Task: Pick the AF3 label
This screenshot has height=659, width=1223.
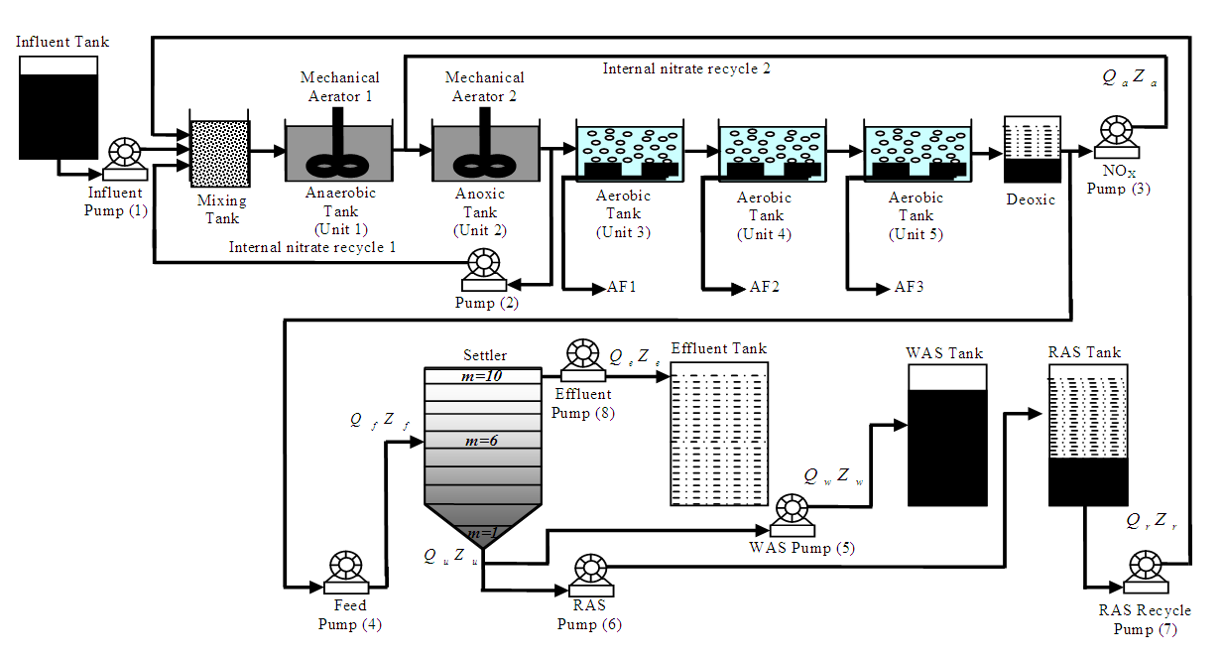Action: [x=910, y=289]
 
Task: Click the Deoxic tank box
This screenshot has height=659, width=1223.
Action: [x=1033, y=150]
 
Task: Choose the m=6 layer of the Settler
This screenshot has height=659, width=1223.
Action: [x=482, y=441]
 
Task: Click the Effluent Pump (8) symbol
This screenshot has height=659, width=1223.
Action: [x=580, y=358]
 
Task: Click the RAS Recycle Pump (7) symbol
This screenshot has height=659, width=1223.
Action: [x=1143, y=570]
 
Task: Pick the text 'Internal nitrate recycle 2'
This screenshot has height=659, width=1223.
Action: [x=686, y=69]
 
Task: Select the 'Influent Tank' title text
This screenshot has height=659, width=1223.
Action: [x=62, y=42]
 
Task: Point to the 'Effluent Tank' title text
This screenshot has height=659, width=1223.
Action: [x=718, y=349]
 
